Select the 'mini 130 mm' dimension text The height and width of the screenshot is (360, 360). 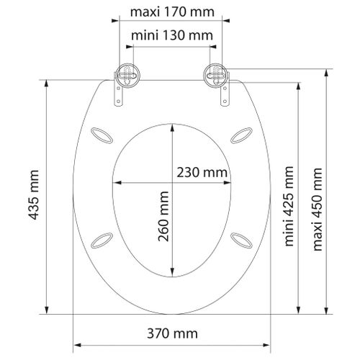(171, 35)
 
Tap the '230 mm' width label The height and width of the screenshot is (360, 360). (202, 172)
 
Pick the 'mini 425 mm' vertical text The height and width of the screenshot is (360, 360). (289, 205)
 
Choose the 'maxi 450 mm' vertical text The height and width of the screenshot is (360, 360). (316, 210)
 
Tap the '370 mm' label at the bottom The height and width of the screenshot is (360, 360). (171, 333)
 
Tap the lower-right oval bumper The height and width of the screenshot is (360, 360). (239, 238)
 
